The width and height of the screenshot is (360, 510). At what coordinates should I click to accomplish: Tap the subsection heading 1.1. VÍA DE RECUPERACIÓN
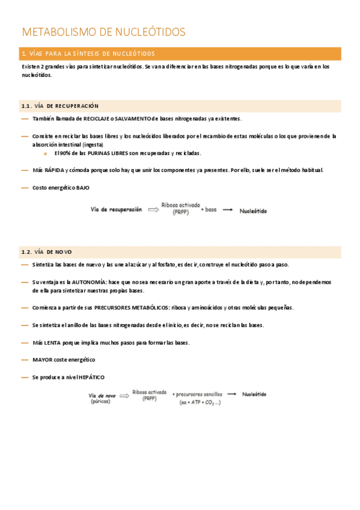click(59, 106)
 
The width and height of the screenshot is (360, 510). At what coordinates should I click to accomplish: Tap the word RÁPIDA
click(53, 170)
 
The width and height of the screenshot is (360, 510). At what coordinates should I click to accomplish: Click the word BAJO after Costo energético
click(83, 188)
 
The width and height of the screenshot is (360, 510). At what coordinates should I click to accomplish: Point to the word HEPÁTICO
click(92, 377)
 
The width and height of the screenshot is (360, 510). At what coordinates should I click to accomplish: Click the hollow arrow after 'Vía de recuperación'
click(153, 210)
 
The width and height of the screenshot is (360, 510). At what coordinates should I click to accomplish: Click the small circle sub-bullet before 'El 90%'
click(46, 153)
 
